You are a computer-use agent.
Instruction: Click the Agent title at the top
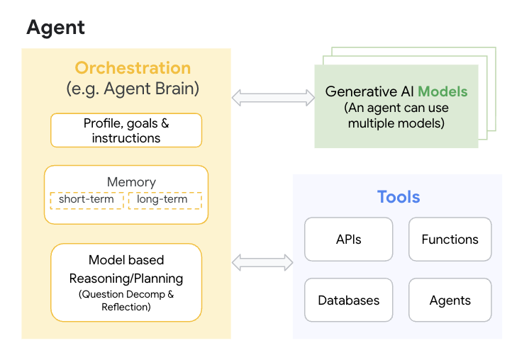[55, 28]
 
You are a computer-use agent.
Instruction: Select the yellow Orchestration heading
[133, 68]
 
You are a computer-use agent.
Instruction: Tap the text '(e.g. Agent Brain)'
[133, 89]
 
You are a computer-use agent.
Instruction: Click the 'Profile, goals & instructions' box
[126, 130]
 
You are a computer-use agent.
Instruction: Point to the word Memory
[131, 182]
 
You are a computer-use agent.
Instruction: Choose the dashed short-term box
[87, 200]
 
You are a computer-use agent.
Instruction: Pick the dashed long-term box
[165, 200]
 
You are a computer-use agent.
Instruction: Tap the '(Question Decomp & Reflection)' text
[126, 300]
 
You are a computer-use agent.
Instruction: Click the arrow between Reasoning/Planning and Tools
[262, 262]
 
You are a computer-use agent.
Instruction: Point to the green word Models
[442, 91]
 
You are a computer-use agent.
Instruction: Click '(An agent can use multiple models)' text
[396, 116]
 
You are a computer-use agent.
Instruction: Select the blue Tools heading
[398, 196]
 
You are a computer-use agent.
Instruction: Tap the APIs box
[348, 240]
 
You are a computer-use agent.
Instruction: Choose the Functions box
[450, 240]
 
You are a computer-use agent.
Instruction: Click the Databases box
[348, 300]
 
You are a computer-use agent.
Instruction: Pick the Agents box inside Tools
[450, 300]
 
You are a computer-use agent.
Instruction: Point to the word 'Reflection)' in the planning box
[126, 307]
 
